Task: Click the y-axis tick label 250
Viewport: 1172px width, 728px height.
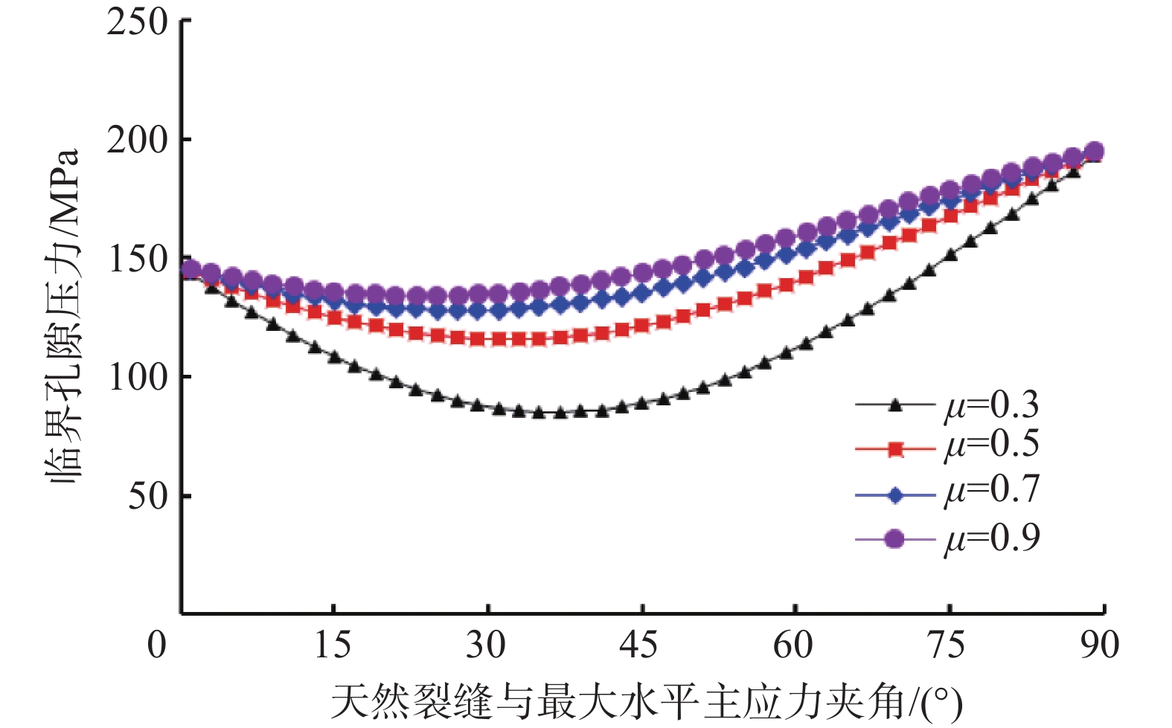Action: (138, 22)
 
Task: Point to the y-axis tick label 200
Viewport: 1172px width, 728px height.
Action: (138, 140)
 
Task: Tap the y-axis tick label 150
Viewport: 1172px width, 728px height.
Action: (138, 259)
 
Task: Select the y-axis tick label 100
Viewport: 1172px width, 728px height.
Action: (138, 377)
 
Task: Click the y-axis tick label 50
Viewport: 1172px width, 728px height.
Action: (148, 496)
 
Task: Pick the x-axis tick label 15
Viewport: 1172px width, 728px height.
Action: (332, 645)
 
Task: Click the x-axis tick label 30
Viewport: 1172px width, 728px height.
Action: (486, 645)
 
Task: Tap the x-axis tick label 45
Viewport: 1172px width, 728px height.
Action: (639, 645)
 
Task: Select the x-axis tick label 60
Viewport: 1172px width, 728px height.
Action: (793, 645)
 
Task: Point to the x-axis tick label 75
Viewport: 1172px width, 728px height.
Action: (947, 645)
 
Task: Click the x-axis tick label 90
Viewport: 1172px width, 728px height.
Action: (1100, 645)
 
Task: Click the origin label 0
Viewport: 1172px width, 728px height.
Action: (157, 645)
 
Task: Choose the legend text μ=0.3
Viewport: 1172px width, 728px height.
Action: (992, 406)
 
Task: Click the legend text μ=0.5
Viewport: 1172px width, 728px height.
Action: (992, 445)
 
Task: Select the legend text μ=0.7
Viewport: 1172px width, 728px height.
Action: (992, 491)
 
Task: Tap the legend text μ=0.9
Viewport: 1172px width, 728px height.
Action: (992, 538)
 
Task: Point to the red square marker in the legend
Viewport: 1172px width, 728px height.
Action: (896, 449)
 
